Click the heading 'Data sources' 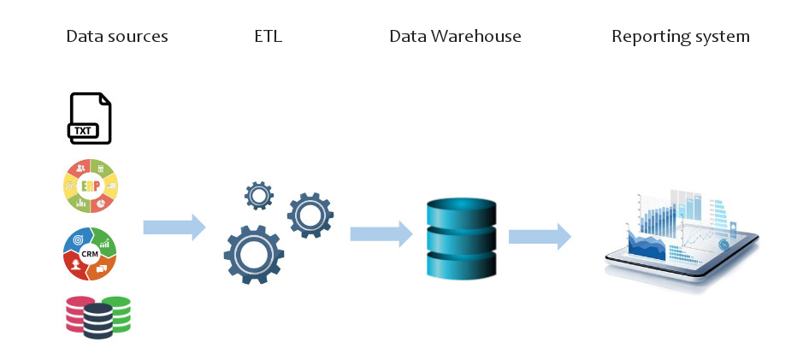click(x=116, y=37)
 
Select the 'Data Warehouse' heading click(x=455, y=37)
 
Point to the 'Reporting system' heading click(x=681, y=37)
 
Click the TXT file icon click(x=90, y=118)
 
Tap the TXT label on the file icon click(x=83, y=131)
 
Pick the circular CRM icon click(x=91, y=254)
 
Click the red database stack click(x=78, y=313)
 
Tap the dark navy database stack click(x=98, y=322)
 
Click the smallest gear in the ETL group click(x=258, y=196)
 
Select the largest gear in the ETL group click(x=253, y=253)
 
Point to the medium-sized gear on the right click(x=310, y=214)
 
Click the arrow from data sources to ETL click(x=174, y=227)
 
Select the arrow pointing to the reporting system click(x=540, y=236)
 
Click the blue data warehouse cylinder click(x=461, y=237)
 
